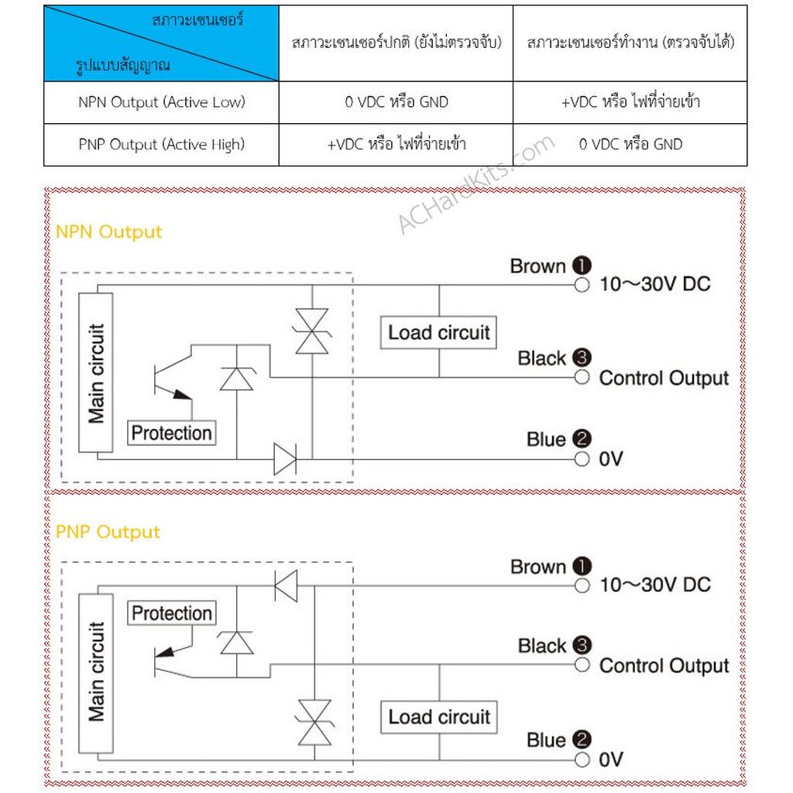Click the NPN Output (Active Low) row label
click(161, 102)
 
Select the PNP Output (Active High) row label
click(161, 144)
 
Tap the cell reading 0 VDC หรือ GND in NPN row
click(396, 102)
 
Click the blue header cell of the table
click(161, 43)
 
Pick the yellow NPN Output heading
click(109, 232)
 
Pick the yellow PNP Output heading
click(108, 532)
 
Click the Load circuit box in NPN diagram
click(439, 333)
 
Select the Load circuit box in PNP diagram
click(439, 717)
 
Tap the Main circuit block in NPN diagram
click(96, 373)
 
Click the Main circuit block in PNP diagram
click(96, 671)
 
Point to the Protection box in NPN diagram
click(171, 433)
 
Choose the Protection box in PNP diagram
click(171, 613)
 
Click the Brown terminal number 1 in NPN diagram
click(582, 266)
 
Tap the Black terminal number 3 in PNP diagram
click(582, 645)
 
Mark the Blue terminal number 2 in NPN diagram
click(582, 439)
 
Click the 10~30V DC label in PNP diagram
click(654, 585)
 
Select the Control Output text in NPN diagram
click(664, 378)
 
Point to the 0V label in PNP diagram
click(610, 760)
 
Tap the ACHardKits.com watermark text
click(475, 184)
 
